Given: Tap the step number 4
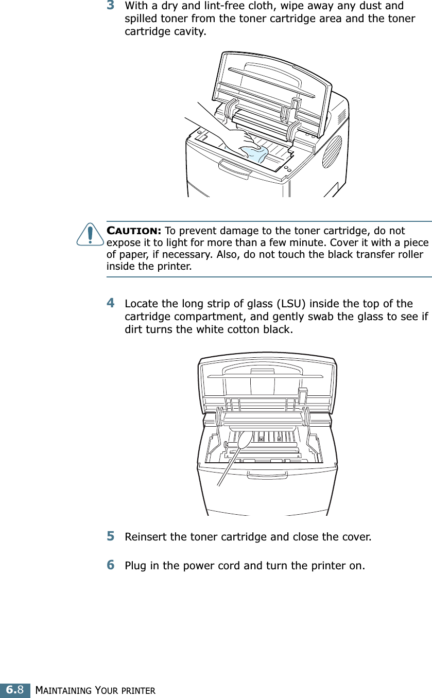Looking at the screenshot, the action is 111,303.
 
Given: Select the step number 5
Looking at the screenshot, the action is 111,536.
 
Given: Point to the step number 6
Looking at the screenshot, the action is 111,565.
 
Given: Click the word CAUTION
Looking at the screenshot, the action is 134,230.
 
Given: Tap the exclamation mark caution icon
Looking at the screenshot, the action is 90,234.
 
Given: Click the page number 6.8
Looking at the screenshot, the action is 15,689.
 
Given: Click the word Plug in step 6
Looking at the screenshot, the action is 135,566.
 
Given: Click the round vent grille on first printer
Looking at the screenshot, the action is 332,151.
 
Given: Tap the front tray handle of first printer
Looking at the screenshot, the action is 234,168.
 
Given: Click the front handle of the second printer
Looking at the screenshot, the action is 267,475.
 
